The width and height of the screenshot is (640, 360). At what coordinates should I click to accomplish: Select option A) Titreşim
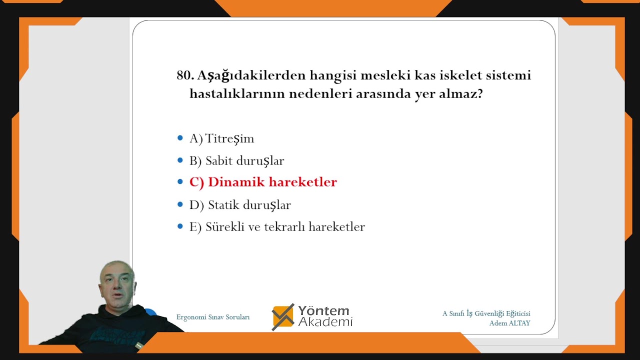pyautogui.click(x=221, y=139)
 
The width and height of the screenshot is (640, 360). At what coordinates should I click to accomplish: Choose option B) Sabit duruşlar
pyautogui.click(x=236, y=161)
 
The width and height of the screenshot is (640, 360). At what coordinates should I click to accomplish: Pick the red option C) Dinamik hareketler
pyautogui.click(x=263, y=182)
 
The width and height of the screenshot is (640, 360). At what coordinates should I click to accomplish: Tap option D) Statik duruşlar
pyautogui.click(x=240, y=205)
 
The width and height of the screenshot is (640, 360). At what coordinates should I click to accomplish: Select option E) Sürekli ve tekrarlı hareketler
pyautogui.click(x=277, y=227)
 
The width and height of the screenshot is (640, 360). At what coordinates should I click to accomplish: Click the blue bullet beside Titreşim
pyautogui.click(x=180, y=138)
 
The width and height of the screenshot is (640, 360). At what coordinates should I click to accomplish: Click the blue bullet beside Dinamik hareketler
pyautogui.click(x=180, y=182)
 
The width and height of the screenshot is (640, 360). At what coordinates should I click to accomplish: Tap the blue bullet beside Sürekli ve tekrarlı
pyautogui.click(x=180, y=226)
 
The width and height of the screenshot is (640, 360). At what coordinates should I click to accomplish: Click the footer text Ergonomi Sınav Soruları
pyautogui.click(x=212, y=317)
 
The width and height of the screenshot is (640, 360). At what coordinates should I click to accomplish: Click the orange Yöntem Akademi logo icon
pyautogui.click(x=283, y=317)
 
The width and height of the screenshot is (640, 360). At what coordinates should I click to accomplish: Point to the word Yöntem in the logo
pyautogui.click(x=323, y=310)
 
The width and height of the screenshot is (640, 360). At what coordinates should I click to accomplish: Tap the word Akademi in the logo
pyautogui.click(x=325, y=322)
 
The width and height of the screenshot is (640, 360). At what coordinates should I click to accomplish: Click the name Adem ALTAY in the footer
pyautogui.click(x=509, y=323)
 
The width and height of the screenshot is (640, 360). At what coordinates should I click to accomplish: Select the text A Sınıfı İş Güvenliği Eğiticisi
pyautogui.click(x=486, y=313)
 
